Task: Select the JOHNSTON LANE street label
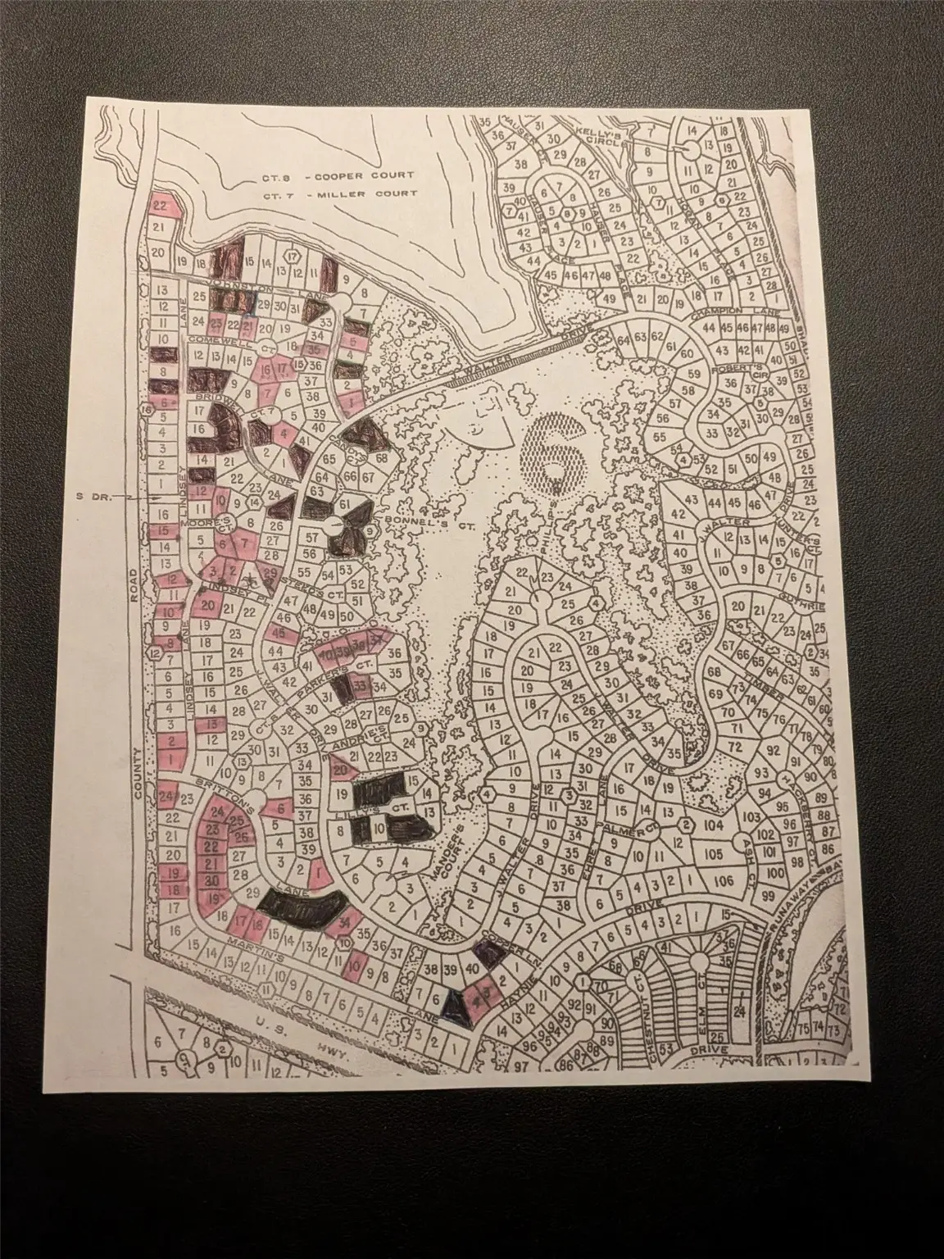tap(258, 287)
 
